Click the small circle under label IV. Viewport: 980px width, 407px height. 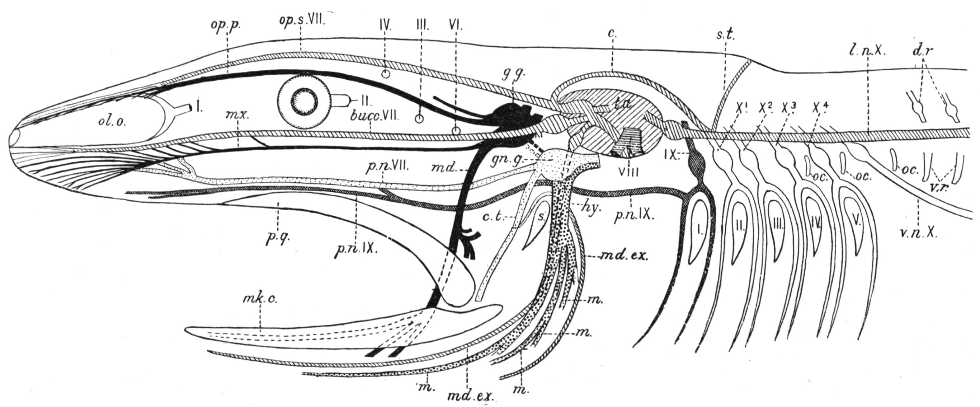pyautogui.click(x=385, y=84)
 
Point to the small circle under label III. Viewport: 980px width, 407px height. pyautogui.click(x=419, y=119)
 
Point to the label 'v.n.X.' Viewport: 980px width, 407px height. pyautogui.click(x=918, y=233)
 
